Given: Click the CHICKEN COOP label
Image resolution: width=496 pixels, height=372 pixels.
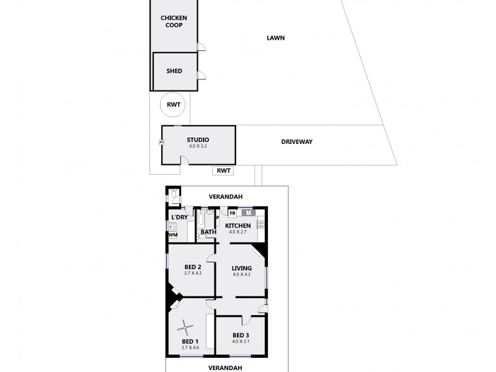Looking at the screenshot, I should tap(174, 21).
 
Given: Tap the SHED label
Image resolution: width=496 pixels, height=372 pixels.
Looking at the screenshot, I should tap(174, 71).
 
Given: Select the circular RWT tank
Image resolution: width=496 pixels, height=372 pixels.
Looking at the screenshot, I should tap(173, 105).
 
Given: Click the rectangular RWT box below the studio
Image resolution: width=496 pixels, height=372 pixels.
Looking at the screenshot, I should tap(224, 170).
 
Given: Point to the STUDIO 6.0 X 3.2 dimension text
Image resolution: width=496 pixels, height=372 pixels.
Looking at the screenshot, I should tap(198, 147).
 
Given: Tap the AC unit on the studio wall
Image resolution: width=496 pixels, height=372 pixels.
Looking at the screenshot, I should tap(161, 141).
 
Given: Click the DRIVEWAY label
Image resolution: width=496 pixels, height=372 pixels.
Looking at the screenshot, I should tap(296, 141).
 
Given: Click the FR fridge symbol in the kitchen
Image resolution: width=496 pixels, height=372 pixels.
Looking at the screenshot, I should tap(231, 213).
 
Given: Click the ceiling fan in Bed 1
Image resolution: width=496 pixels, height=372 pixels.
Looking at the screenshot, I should tap(185, 325).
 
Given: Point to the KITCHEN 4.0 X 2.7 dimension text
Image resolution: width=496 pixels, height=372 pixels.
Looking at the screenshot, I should tap(237, 232).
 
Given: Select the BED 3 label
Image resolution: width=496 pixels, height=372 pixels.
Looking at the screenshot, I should tap(241, 335).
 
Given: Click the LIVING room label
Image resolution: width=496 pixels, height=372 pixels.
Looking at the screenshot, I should tap(242, 268).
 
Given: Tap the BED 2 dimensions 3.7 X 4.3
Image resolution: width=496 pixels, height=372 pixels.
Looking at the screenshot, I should tap(193, 273).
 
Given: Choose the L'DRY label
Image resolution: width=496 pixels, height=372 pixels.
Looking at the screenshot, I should tap(179, 217).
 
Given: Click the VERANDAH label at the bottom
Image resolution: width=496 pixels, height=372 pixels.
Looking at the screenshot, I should tap(224, 368).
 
